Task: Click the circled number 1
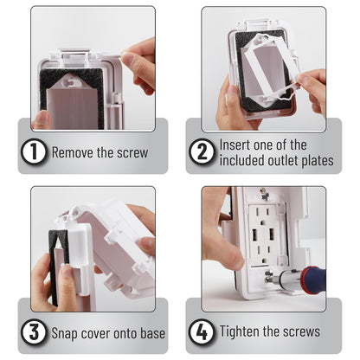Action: (x=34, y=151)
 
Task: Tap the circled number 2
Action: (x=202, y=151)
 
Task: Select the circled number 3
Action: (x=34, y=331)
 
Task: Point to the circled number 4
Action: (x=202, y=331)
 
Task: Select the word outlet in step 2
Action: (x=283, y=160)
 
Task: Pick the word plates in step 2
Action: (x=318, y=161)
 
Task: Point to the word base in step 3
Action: (x=152, y=333)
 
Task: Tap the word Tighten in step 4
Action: (x=241, y=331)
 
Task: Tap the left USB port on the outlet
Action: (x=255, y=235)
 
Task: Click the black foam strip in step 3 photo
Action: (x=55, y=267)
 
